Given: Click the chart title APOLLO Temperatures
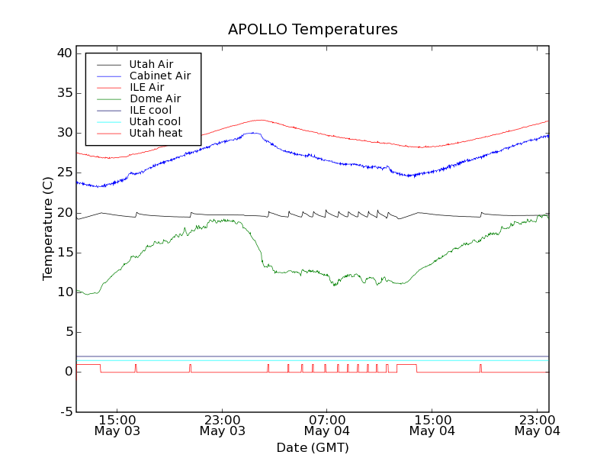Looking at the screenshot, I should tap(313, 30).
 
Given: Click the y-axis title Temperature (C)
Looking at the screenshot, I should tap(48, 228).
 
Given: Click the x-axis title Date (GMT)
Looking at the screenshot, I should tap(313, 447).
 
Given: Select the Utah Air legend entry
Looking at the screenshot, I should tap(151, 64).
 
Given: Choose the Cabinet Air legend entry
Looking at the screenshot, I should tap(159, 76).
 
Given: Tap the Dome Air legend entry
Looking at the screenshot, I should tap(155, 98).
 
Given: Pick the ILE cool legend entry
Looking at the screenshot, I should tap(150, 110).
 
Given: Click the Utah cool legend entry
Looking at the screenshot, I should tap(155, 121).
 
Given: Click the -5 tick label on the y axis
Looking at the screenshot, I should tap(65, 411).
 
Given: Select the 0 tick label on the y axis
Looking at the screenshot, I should tap(68, 372).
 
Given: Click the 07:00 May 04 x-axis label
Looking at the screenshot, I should tap(326, 425).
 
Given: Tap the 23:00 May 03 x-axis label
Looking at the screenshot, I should tap(222, 425).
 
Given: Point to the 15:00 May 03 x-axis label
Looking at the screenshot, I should tap(117, 425).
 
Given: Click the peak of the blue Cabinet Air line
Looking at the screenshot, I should tap(252, 133).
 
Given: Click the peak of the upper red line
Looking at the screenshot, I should tap(260, 120).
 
